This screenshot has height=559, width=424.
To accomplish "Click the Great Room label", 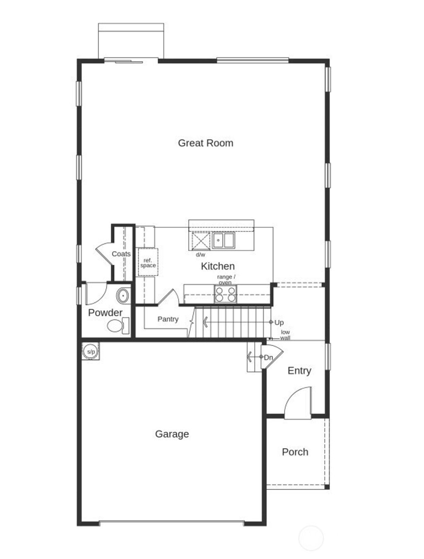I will pos(205,143).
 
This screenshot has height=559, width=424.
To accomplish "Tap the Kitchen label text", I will pos(218,266).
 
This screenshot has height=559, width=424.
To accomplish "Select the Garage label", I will pos(172,434).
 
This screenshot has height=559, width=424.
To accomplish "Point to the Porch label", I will pos(295,452).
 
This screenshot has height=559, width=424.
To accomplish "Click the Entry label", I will pos(299,371).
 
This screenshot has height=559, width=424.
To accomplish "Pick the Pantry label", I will pos(168,319).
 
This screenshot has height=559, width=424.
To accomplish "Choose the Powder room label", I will pos(105,312).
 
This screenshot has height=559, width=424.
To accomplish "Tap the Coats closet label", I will pos(121,254).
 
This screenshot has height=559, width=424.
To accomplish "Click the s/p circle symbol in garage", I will pos(91,352).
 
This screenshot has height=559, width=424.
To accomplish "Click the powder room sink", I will pos(123,296).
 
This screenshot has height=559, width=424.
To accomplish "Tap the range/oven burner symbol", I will pos(226,294).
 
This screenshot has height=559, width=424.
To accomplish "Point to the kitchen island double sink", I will pos(224,240).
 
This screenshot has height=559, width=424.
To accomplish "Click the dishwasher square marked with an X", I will pos(201,241).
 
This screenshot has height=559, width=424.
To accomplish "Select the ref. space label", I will pos(148,263).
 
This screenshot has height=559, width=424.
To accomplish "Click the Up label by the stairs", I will pos(279,322).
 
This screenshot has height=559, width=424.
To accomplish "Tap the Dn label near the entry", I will pos(268,357).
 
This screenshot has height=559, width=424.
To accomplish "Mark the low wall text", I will pos(285,335).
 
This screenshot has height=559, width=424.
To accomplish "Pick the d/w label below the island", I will pos(200,254).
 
